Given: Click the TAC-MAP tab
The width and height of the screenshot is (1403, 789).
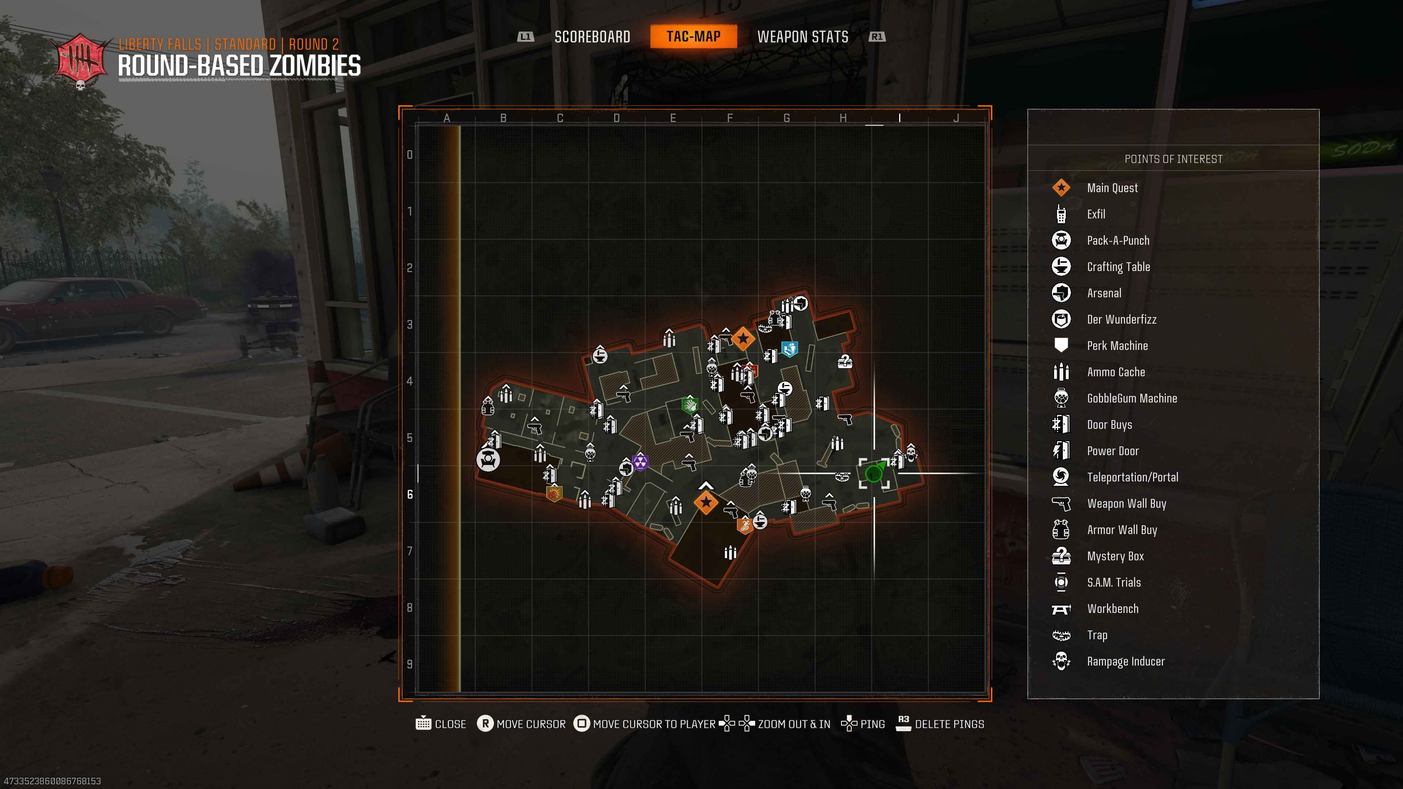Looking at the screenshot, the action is pos(693,37).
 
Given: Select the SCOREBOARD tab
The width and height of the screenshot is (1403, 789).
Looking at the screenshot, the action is pos(592,37).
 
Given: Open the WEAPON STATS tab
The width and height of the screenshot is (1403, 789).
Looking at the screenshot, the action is pos(803,37).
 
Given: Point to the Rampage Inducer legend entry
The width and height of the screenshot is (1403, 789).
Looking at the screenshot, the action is pos(1126,661).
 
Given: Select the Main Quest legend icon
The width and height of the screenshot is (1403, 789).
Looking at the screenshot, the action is pos(1061,188).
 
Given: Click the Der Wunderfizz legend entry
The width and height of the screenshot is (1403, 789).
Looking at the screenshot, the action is pos(1121,319).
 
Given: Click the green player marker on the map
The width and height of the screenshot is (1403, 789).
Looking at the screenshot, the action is pos(874,473).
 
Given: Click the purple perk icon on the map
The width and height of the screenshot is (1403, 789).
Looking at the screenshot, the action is pos(640,462).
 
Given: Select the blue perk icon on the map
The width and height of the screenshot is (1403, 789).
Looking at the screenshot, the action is pos(790,348).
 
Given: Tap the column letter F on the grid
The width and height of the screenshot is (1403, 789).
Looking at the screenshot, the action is pos(730,118).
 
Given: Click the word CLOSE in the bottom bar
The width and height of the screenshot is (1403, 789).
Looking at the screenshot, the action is pos(450,724).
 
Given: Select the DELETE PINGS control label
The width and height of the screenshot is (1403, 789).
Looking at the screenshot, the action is pos(949,724).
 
